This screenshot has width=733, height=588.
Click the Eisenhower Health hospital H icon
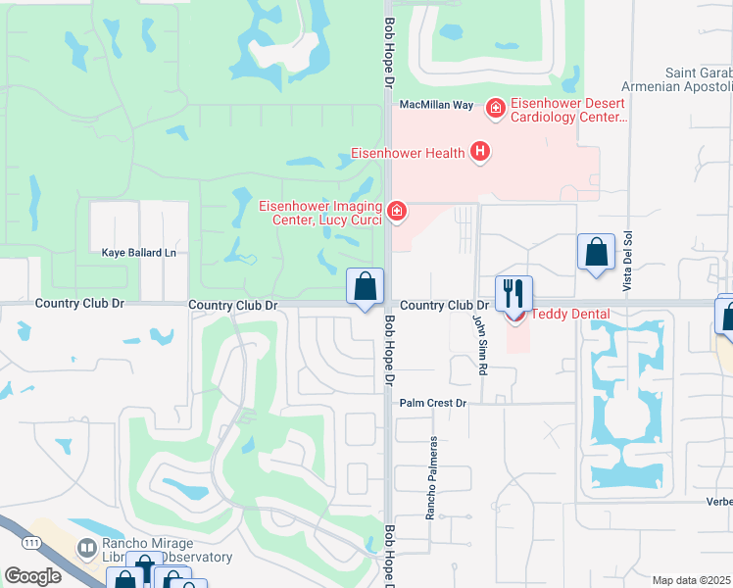[479, 152]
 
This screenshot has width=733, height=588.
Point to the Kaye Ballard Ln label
[138, 253]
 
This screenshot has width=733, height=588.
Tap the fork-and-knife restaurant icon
[513, 291]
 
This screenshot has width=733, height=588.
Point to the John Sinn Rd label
[480, 344]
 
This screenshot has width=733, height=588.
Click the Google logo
[31, 576]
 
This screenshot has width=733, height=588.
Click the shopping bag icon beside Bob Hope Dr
[365, 288]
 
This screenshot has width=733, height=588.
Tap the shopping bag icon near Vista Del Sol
[595, 253]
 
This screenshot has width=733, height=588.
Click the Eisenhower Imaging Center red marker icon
[396, 211]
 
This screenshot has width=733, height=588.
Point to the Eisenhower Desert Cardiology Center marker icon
[495, 107]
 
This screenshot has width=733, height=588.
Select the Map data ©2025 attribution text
[692, 580]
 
